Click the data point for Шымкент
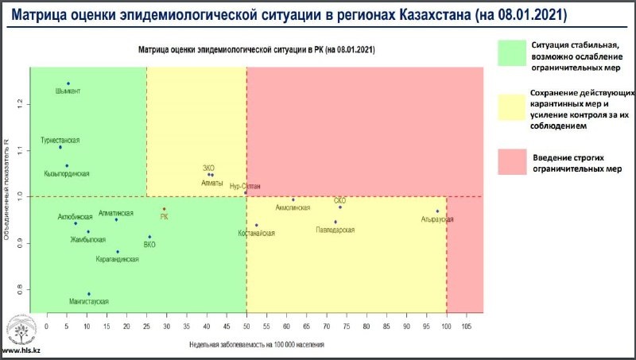coord(68,83)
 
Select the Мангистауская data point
coord(88,294)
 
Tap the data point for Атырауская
coord(437,211)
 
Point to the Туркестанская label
coord(60,140)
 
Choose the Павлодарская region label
coord(335,230)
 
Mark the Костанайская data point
coord(256,225)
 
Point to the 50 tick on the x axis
coord(246,325)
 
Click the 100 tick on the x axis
coord(447,325)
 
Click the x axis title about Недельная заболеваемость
coord(256,345)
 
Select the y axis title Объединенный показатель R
coord(7,191)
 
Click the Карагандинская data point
coord(118,252)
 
